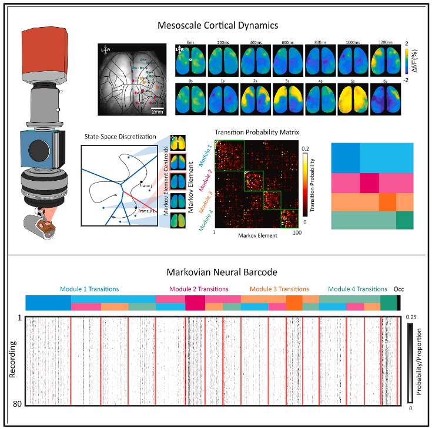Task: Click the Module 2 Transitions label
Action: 199,289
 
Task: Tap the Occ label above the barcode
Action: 398,289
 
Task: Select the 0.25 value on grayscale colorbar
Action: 413,316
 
